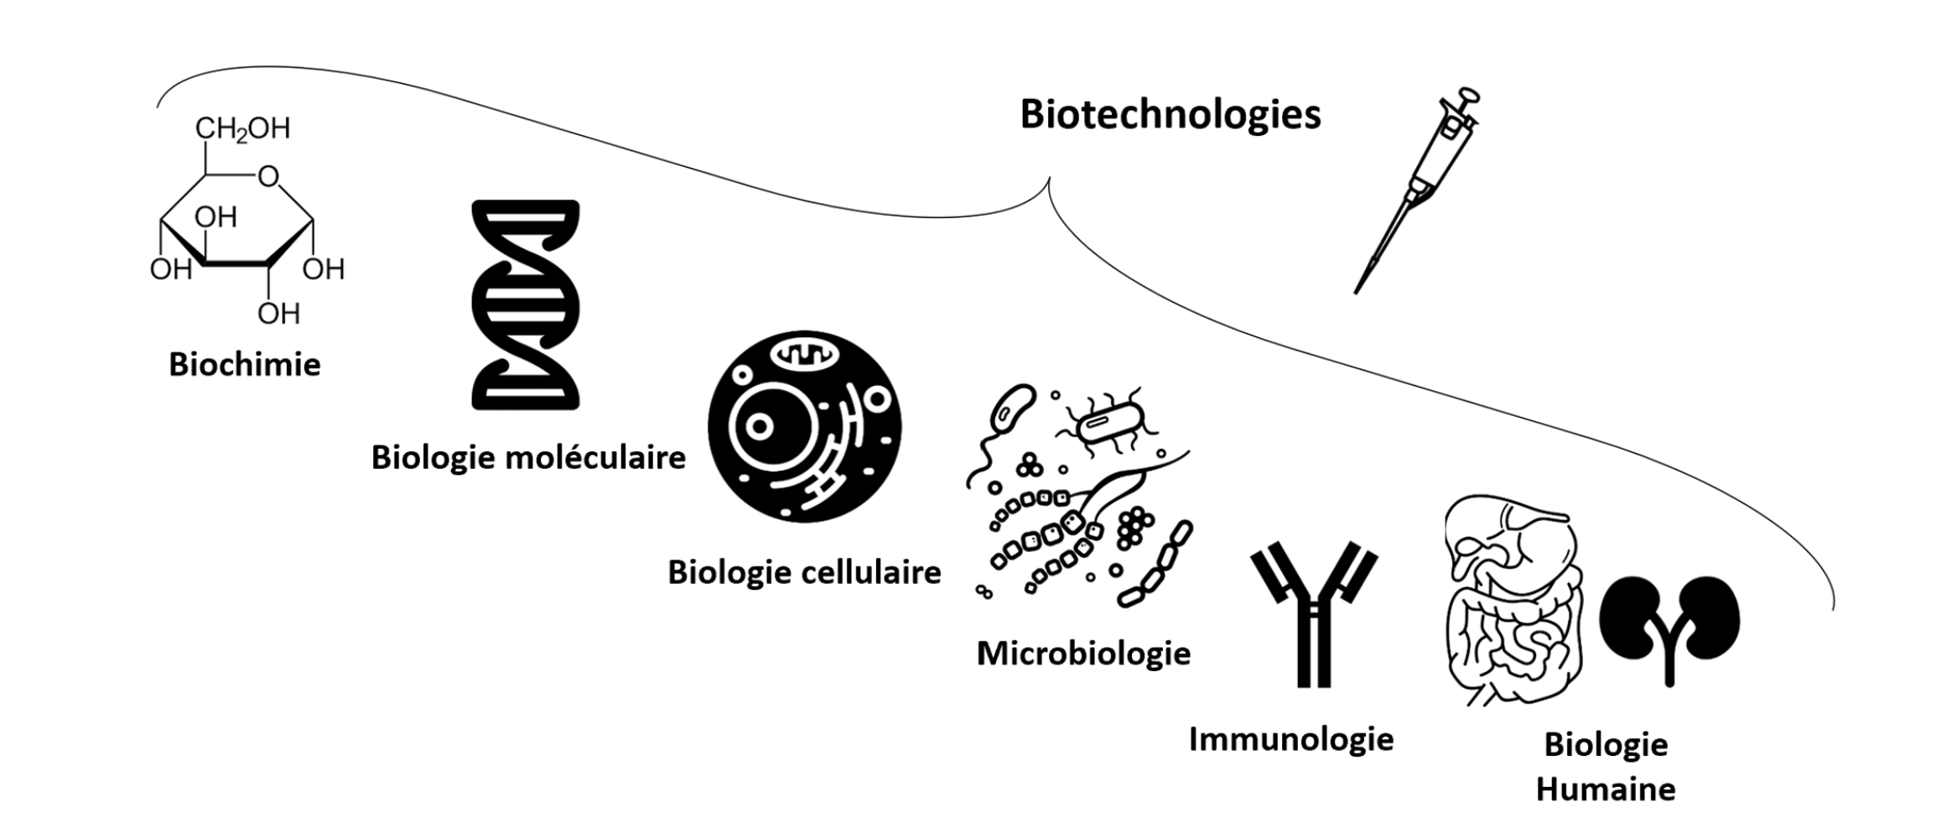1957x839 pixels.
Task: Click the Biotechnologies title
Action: (1170, 115)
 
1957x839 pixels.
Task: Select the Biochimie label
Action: (244, 365)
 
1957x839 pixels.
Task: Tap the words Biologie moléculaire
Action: (528, 458)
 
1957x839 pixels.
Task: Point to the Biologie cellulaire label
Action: (804, 572)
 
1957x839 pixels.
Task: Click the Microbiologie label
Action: (1083, 654)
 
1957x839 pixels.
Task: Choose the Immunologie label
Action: (1291, 739)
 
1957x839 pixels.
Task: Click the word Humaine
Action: (1605, 789)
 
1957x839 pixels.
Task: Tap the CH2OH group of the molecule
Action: (242, 128)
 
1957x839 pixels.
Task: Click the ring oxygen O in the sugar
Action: (268, 176)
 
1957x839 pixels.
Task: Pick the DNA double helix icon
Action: (526, 305)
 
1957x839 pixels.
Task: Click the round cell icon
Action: (804, 426)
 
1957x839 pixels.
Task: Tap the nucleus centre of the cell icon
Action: (759, 426)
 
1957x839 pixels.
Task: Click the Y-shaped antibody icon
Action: (1313, 612)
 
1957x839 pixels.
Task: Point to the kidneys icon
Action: (1669, 625)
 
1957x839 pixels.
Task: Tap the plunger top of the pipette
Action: (1468, 95)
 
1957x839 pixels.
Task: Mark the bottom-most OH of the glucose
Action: (278, 314)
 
